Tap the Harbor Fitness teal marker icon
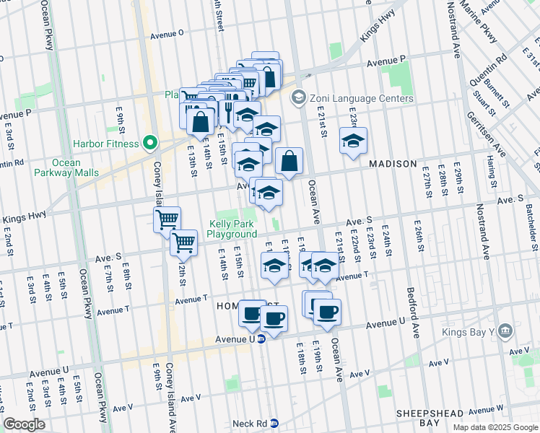(150, 144)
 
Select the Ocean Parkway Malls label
(66, 167)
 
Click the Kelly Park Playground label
(232, 229)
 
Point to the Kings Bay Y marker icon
(505, 331)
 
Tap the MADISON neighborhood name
(393, 164)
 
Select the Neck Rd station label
(251, 424)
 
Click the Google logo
(24, 424)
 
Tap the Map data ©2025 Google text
(495, 427)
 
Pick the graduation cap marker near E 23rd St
(353, 141)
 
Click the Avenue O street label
(167, 33)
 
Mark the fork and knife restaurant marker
(228, 112)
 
